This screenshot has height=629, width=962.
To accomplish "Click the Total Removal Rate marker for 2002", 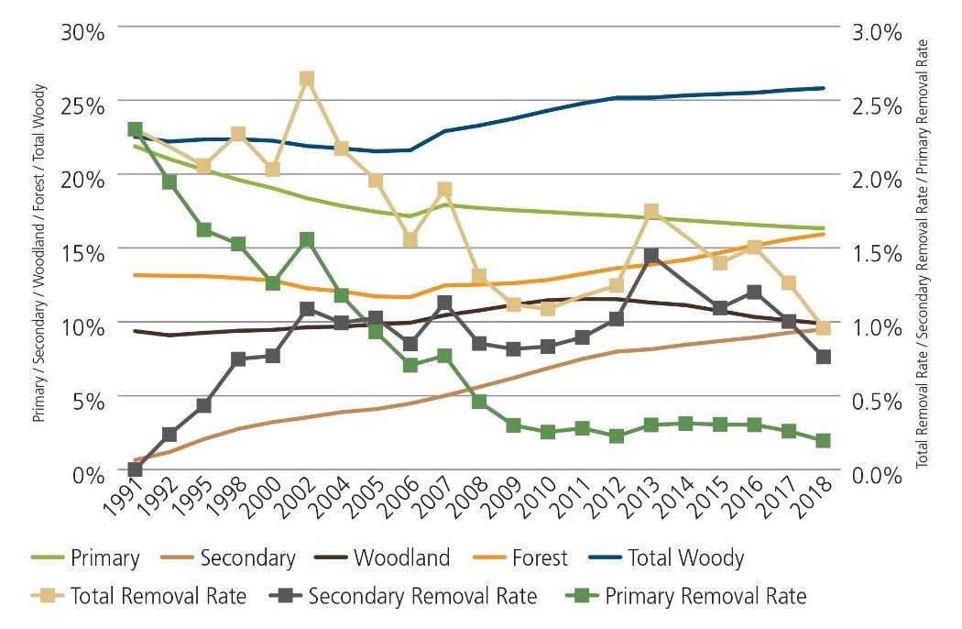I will [x=307, y=79].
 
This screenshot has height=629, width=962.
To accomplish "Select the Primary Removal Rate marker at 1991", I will [x=135, y=129].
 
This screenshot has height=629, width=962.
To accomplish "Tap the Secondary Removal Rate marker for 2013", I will [x=651, y=256].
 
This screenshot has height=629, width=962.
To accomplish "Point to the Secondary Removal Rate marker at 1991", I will [x=136, y=469].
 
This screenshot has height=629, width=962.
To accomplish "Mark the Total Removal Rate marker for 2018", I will [x=823, y=328].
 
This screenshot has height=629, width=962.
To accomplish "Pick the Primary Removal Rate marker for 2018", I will [x=823, y=441].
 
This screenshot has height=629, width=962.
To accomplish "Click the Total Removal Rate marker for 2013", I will [x=651, y=212].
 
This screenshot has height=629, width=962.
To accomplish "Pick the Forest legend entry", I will [x=541, y=557].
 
